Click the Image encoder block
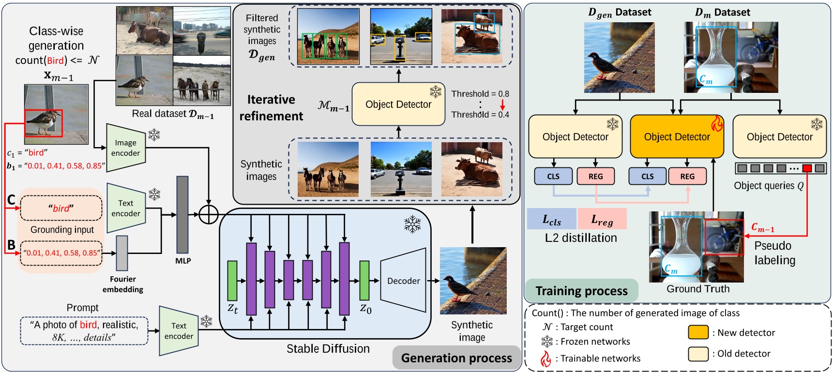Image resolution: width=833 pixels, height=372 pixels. (x=126, y=148)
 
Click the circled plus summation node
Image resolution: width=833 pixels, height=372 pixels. (x=209, y=214)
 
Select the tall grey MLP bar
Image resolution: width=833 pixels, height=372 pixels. (x=182, y=215)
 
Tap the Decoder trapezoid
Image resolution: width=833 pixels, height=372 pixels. (x=403, y=281)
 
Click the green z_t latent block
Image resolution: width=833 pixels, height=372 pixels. (x=232, y=281)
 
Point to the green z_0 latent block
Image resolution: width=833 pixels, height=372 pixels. (x=364, y=281)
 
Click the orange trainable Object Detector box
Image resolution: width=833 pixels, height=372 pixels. (x=677, y=137)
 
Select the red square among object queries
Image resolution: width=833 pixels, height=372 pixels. (x=807, y=168)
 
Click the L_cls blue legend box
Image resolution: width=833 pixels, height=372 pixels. (x=552, y=219)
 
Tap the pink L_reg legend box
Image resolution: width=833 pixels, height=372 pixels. (x=602, y=219)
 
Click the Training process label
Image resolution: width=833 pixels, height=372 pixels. (x=581, y=291)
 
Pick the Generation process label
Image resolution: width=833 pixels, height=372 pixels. (x=456, y=358)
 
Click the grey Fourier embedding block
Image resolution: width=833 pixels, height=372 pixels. (x=122, y=253)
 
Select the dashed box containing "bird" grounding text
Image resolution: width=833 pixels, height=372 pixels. (x=61, y=208)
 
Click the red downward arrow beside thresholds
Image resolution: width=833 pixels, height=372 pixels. (x=502, y=104)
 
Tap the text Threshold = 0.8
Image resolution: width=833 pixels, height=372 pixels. (x=480, y=94)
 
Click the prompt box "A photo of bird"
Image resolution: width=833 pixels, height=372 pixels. (x=84, y=331)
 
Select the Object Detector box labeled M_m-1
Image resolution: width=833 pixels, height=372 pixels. (x=398, y=104)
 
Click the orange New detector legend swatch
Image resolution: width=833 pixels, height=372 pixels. (x=698, y=332)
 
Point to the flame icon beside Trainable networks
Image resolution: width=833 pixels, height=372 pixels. (x=546, y=358)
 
